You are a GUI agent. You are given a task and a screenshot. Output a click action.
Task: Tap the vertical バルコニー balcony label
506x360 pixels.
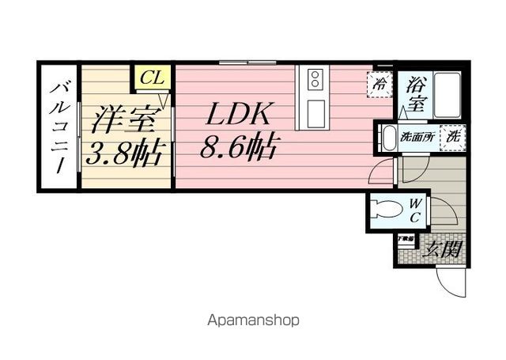click(59, 127)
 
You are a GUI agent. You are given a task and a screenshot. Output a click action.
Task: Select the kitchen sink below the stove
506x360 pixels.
click(315, 110)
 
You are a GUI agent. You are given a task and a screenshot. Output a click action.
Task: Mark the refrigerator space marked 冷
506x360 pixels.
click(380, 83)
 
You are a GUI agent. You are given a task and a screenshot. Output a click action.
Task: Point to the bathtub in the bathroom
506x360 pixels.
click(447, 93)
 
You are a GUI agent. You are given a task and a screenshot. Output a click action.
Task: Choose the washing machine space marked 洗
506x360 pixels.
click(453, 136)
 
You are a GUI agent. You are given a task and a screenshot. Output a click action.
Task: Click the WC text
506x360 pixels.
click(414, 211)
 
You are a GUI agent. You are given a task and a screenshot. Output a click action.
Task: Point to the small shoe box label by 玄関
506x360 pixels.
click(406, 238)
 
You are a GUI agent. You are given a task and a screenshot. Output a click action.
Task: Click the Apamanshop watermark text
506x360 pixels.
click(253, 320)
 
